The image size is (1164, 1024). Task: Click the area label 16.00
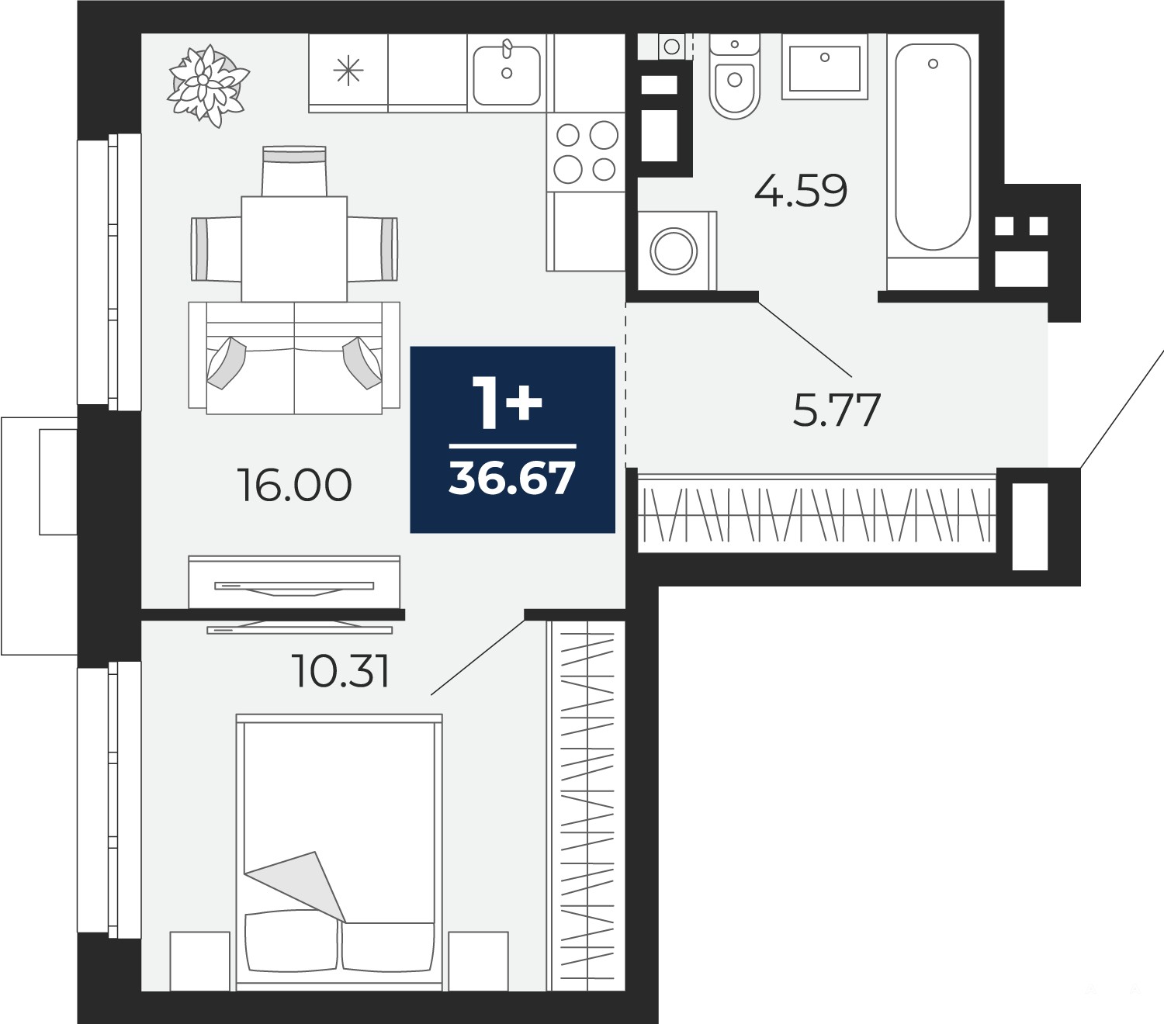click(x=294, y=486)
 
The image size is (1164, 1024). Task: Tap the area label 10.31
click(x=341, y=671)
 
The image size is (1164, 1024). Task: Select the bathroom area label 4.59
click(x=801, y=191)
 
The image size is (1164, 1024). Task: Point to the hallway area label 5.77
click(x=837, y=410)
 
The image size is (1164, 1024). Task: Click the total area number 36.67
click(x=512, y=479)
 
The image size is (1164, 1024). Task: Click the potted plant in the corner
click(x=208, y=86)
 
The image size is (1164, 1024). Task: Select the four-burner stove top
click(x=586, y=152)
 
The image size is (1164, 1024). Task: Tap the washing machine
click(x=677, y=251)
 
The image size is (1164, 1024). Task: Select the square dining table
click(x=294, y=249)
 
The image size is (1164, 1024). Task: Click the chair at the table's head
click(x=294, y=171)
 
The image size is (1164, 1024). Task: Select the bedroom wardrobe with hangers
click(x=586, y=805)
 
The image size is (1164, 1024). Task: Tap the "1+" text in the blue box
click(x=507, y=403)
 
